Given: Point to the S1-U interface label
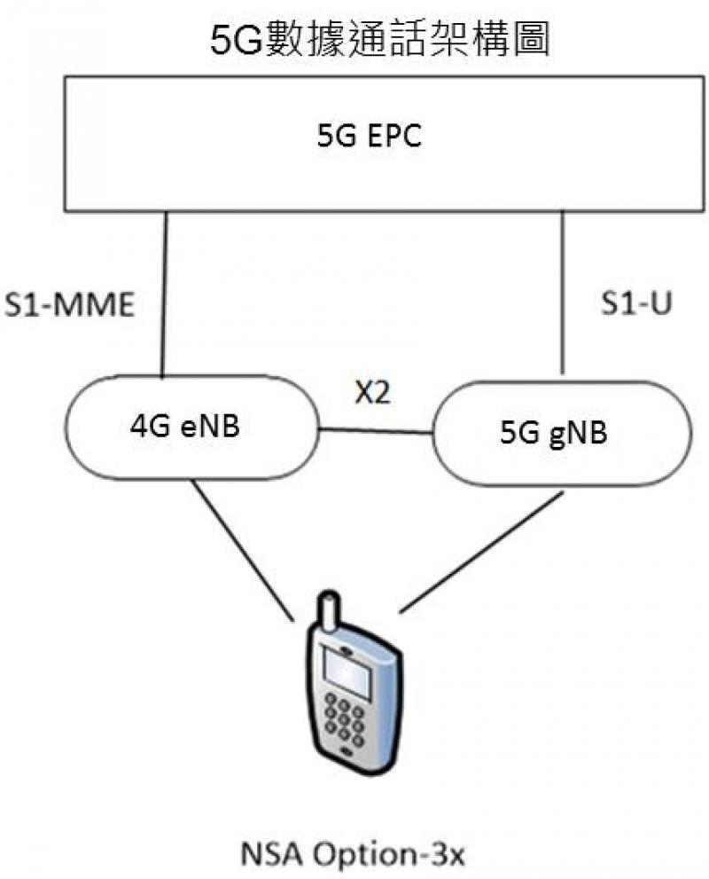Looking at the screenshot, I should pyautogui.click(x=632, y=304).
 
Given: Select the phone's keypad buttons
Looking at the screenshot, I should pyautogui.click(x=345, y=718).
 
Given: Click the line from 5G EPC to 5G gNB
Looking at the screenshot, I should pyautogui.click(x=562, y=293).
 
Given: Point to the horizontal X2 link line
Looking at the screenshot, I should pyautogui.click(x=376, y=432).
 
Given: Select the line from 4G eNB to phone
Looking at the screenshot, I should pyautogui.click(x=244, y=550).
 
